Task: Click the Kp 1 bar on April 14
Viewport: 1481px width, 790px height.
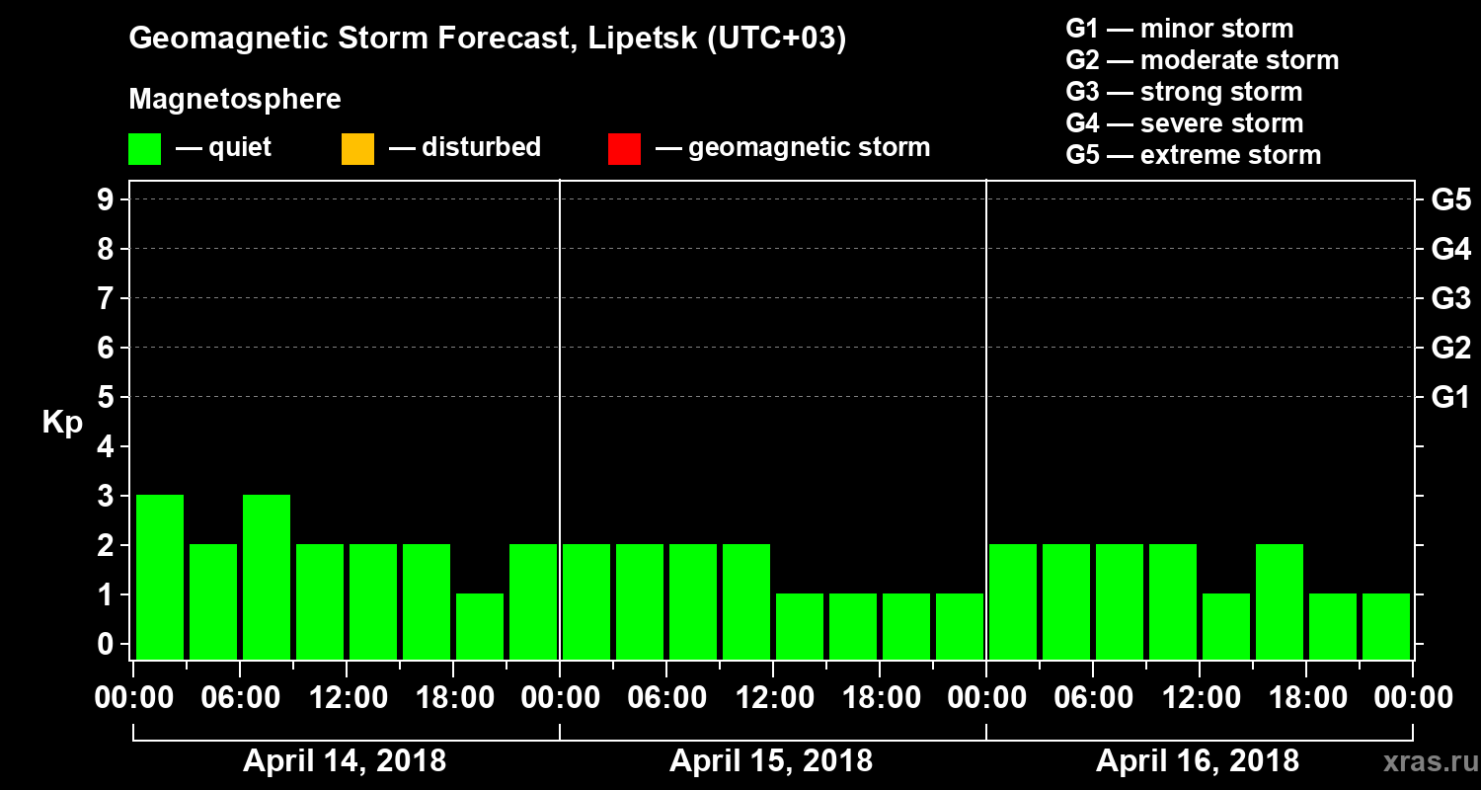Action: (480, 626)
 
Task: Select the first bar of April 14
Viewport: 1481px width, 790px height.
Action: (160, 577)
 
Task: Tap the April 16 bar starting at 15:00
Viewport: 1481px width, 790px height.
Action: (1280, 601)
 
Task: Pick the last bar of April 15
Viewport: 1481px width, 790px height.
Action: (960, 626)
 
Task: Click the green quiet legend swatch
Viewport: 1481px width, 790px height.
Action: (145, 149)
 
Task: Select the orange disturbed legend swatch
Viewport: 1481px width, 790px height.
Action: (357, 149)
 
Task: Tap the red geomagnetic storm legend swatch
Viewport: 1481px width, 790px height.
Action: (625, 149)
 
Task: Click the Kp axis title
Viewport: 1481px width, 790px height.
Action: (62, 423)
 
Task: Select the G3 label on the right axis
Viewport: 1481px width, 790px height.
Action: (1450, 298)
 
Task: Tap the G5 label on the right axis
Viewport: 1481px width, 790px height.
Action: (1450, 200)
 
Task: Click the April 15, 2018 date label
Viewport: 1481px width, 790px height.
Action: (771, 761)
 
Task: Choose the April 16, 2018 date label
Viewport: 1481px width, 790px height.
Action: (1198, 761)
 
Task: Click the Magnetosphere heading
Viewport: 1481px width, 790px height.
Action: (235, 100)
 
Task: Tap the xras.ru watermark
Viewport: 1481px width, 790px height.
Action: (1422, 762)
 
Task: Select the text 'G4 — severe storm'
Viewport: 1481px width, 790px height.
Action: (1185, 123)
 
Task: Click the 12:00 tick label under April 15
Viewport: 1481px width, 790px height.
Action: (773, 698)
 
